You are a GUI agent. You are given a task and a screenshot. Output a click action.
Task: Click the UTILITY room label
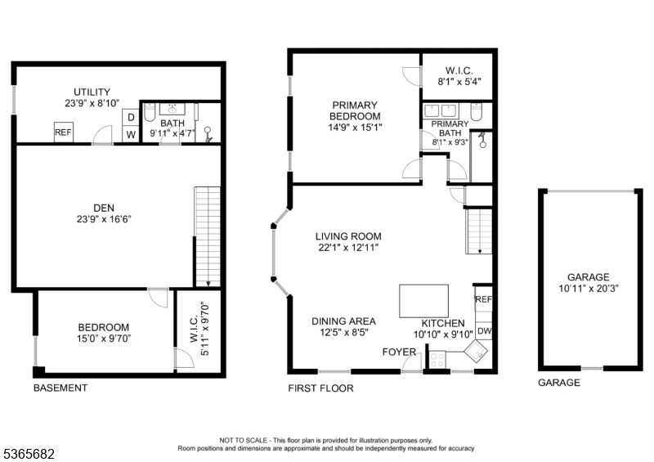(92, 92)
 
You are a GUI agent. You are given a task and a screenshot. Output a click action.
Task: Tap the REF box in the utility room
(63, 132)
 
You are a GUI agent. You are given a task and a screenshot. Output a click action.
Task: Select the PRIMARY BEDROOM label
(354, 110)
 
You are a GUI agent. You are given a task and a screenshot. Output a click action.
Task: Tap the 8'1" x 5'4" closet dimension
(458, 82)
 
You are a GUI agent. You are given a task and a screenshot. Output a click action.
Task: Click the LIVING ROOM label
(348, 236)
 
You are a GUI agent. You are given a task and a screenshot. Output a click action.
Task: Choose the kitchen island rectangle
(423, 300)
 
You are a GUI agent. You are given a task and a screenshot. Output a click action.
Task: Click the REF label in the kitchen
(483, 300)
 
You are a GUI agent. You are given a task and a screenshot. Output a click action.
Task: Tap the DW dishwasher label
(484, 330)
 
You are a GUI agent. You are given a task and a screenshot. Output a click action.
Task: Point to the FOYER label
(399, 352)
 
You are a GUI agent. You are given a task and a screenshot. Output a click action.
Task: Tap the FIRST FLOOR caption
(320, 388)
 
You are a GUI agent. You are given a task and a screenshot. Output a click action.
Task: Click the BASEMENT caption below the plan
(60, 388)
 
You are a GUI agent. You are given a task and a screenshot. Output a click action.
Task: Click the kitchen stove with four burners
(437, 357)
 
